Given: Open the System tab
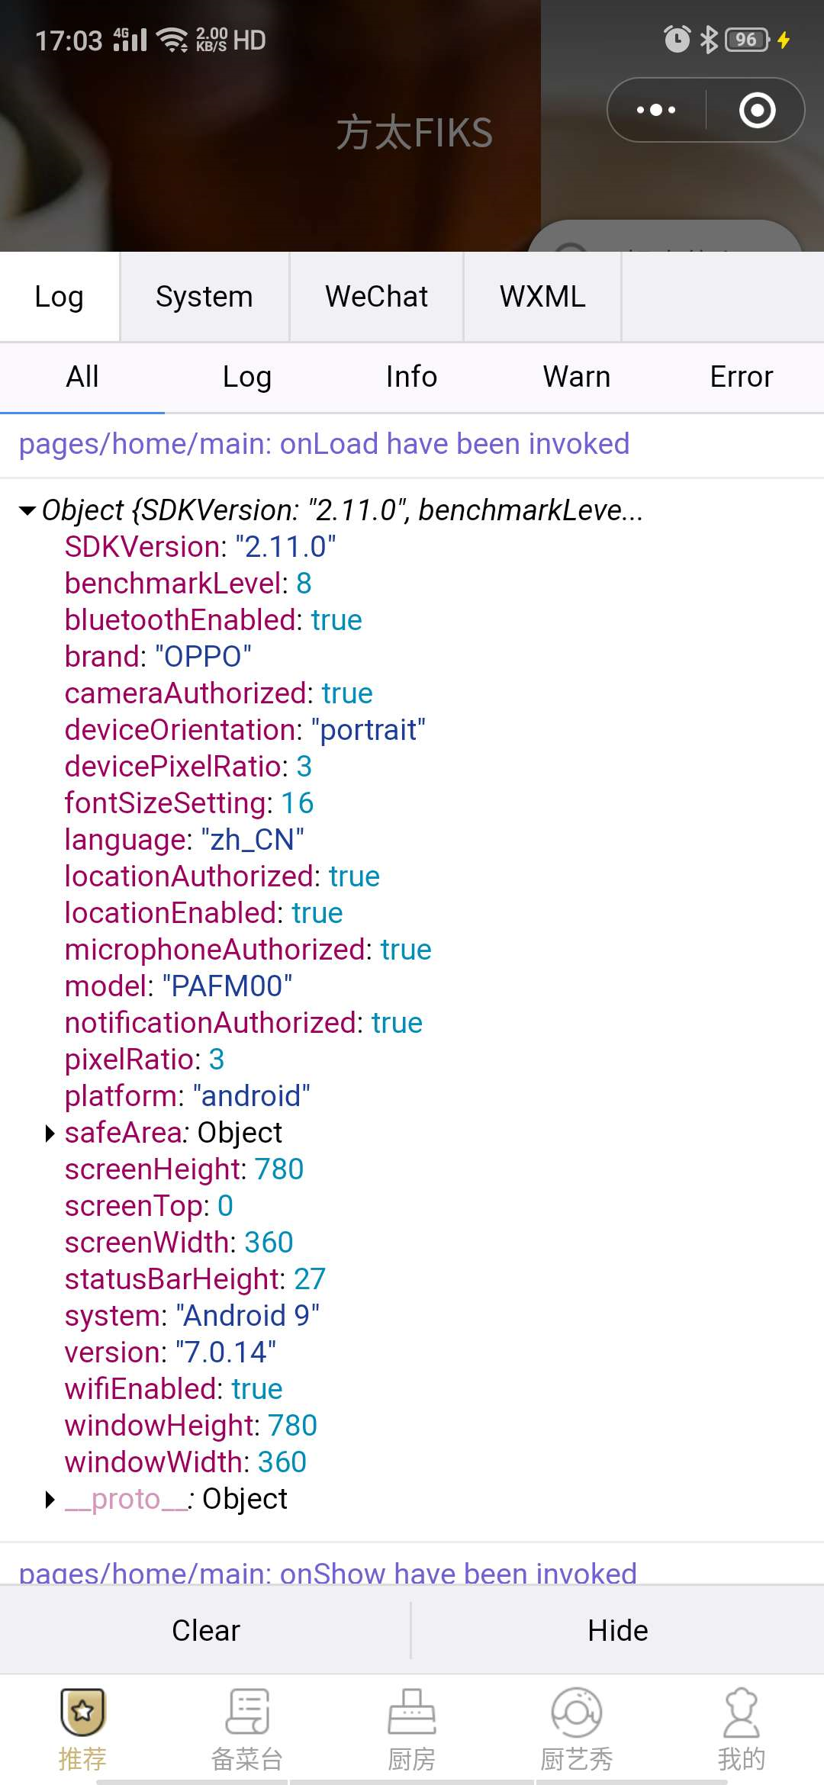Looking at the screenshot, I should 204,297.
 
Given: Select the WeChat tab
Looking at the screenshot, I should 376,297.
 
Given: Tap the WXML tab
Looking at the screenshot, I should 542,297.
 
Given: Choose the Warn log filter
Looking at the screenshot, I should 577,377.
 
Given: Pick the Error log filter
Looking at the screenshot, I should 741,377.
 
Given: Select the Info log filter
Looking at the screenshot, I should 411,377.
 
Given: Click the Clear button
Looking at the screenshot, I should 205,1630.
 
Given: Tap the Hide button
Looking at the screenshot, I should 617,1630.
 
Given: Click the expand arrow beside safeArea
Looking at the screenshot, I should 50,1134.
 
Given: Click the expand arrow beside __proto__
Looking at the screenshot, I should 50,1500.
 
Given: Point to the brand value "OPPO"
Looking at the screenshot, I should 203,657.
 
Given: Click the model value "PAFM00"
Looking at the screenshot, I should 227,986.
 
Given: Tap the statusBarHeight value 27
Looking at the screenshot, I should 310,1279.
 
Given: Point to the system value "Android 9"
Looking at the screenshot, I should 247,1316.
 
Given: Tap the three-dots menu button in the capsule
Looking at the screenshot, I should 656,110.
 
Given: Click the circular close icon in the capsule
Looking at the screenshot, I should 757,110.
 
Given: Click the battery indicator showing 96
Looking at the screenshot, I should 746,40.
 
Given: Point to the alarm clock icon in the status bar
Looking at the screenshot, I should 677,40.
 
